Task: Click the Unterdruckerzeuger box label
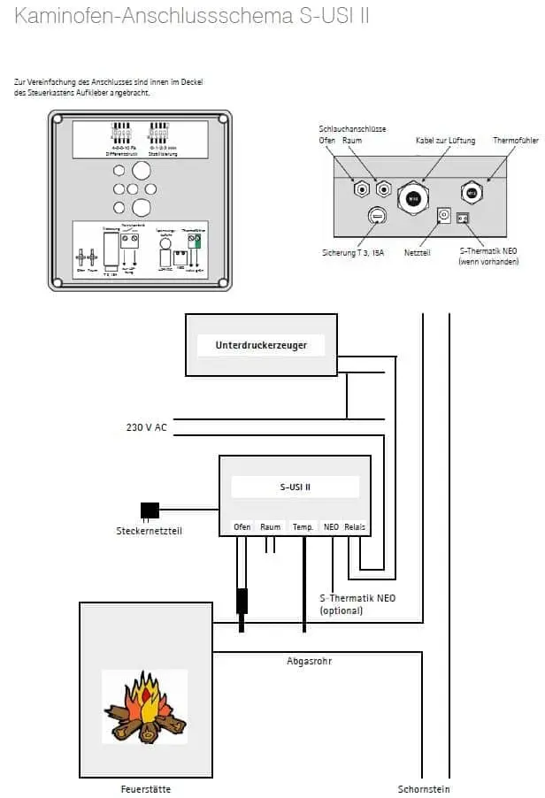click(x=261, y=345)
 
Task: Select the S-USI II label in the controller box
click(x=295, y=487)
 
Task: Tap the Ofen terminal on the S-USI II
click(x=242, y=526)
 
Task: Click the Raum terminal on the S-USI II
click(x=271, y=526)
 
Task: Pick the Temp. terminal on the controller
click(x=303, y=526)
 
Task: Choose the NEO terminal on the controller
click(x=331, y=526)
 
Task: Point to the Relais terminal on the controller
click(x=355, y=526)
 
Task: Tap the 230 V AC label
click(x=146, y=428)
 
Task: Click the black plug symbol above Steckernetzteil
click(x=150, y=510)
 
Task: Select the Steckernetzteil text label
click(x=150, y=531)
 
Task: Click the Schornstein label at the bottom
click(x=425, y=788)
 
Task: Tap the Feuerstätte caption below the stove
click(x=146, y=788)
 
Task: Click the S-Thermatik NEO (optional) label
click(x=357, y=604)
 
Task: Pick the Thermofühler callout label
click(x=514, y=141)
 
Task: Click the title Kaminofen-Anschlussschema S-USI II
click(x=192, y=17)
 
